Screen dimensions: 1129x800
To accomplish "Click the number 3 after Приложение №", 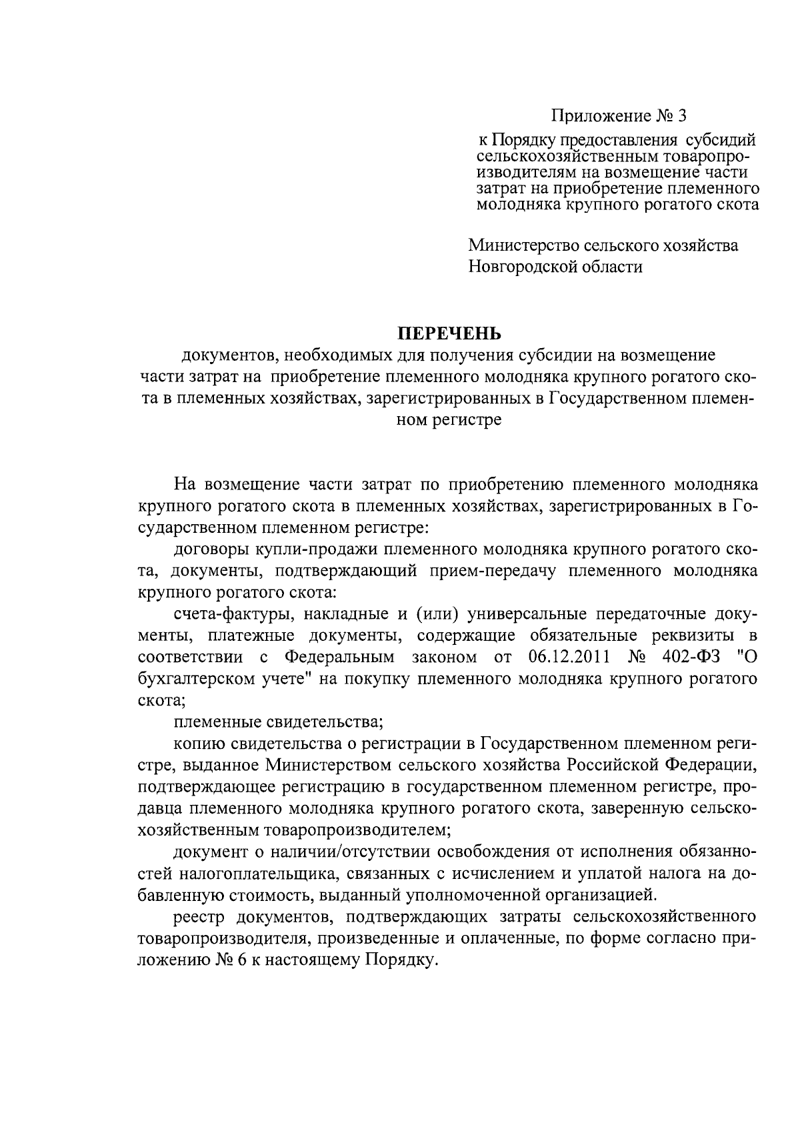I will (681, 116).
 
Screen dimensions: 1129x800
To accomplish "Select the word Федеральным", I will (340, 658).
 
